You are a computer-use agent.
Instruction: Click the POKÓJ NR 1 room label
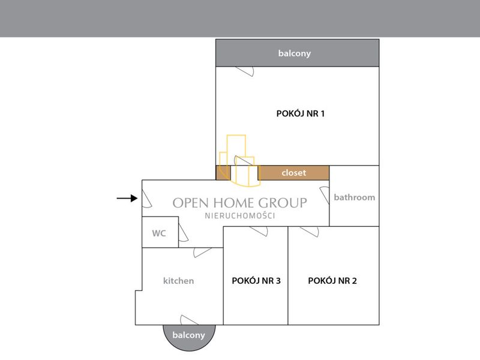[x=301, y=113]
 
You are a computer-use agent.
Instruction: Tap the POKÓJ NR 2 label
[x=332, y=281]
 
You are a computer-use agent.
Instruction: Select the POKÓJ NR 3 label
[x=256, y=281]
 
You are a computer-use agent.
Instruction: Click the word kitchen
[x=178, y=281]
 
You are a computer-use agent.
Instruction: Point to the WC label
[x=159, y=233]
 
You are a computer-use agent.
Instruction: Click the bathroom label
[x=355, y=197]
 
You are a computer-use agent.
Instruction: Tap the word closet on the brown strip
[x=294, y=173]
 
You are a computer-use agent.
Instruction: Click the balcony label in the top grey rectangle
[x=295, y=53]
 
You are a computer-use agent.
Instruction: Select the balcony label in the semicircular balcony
[x=188, y=335]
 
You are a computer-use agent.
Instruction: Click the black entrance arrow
[x=127, y=199]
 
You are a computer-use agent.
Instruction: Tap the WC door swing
[x=183, y=233]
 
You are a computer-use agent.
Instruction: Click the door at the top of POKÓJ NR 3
[x=259, y=231]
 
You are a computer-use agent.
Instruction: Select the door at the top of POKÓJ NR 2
[x=310, y=232]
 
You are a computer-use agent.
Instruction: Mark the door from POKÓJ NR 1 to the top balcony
[x=245, y=71]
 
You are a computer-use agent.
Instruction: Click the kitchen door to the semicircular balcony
[x=190, y=320]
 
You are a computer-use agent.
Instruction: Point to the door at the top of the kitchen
[x=203, y=253]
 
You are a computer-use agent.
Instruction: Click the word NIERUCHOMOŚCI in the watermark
[x=240, y=216]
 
